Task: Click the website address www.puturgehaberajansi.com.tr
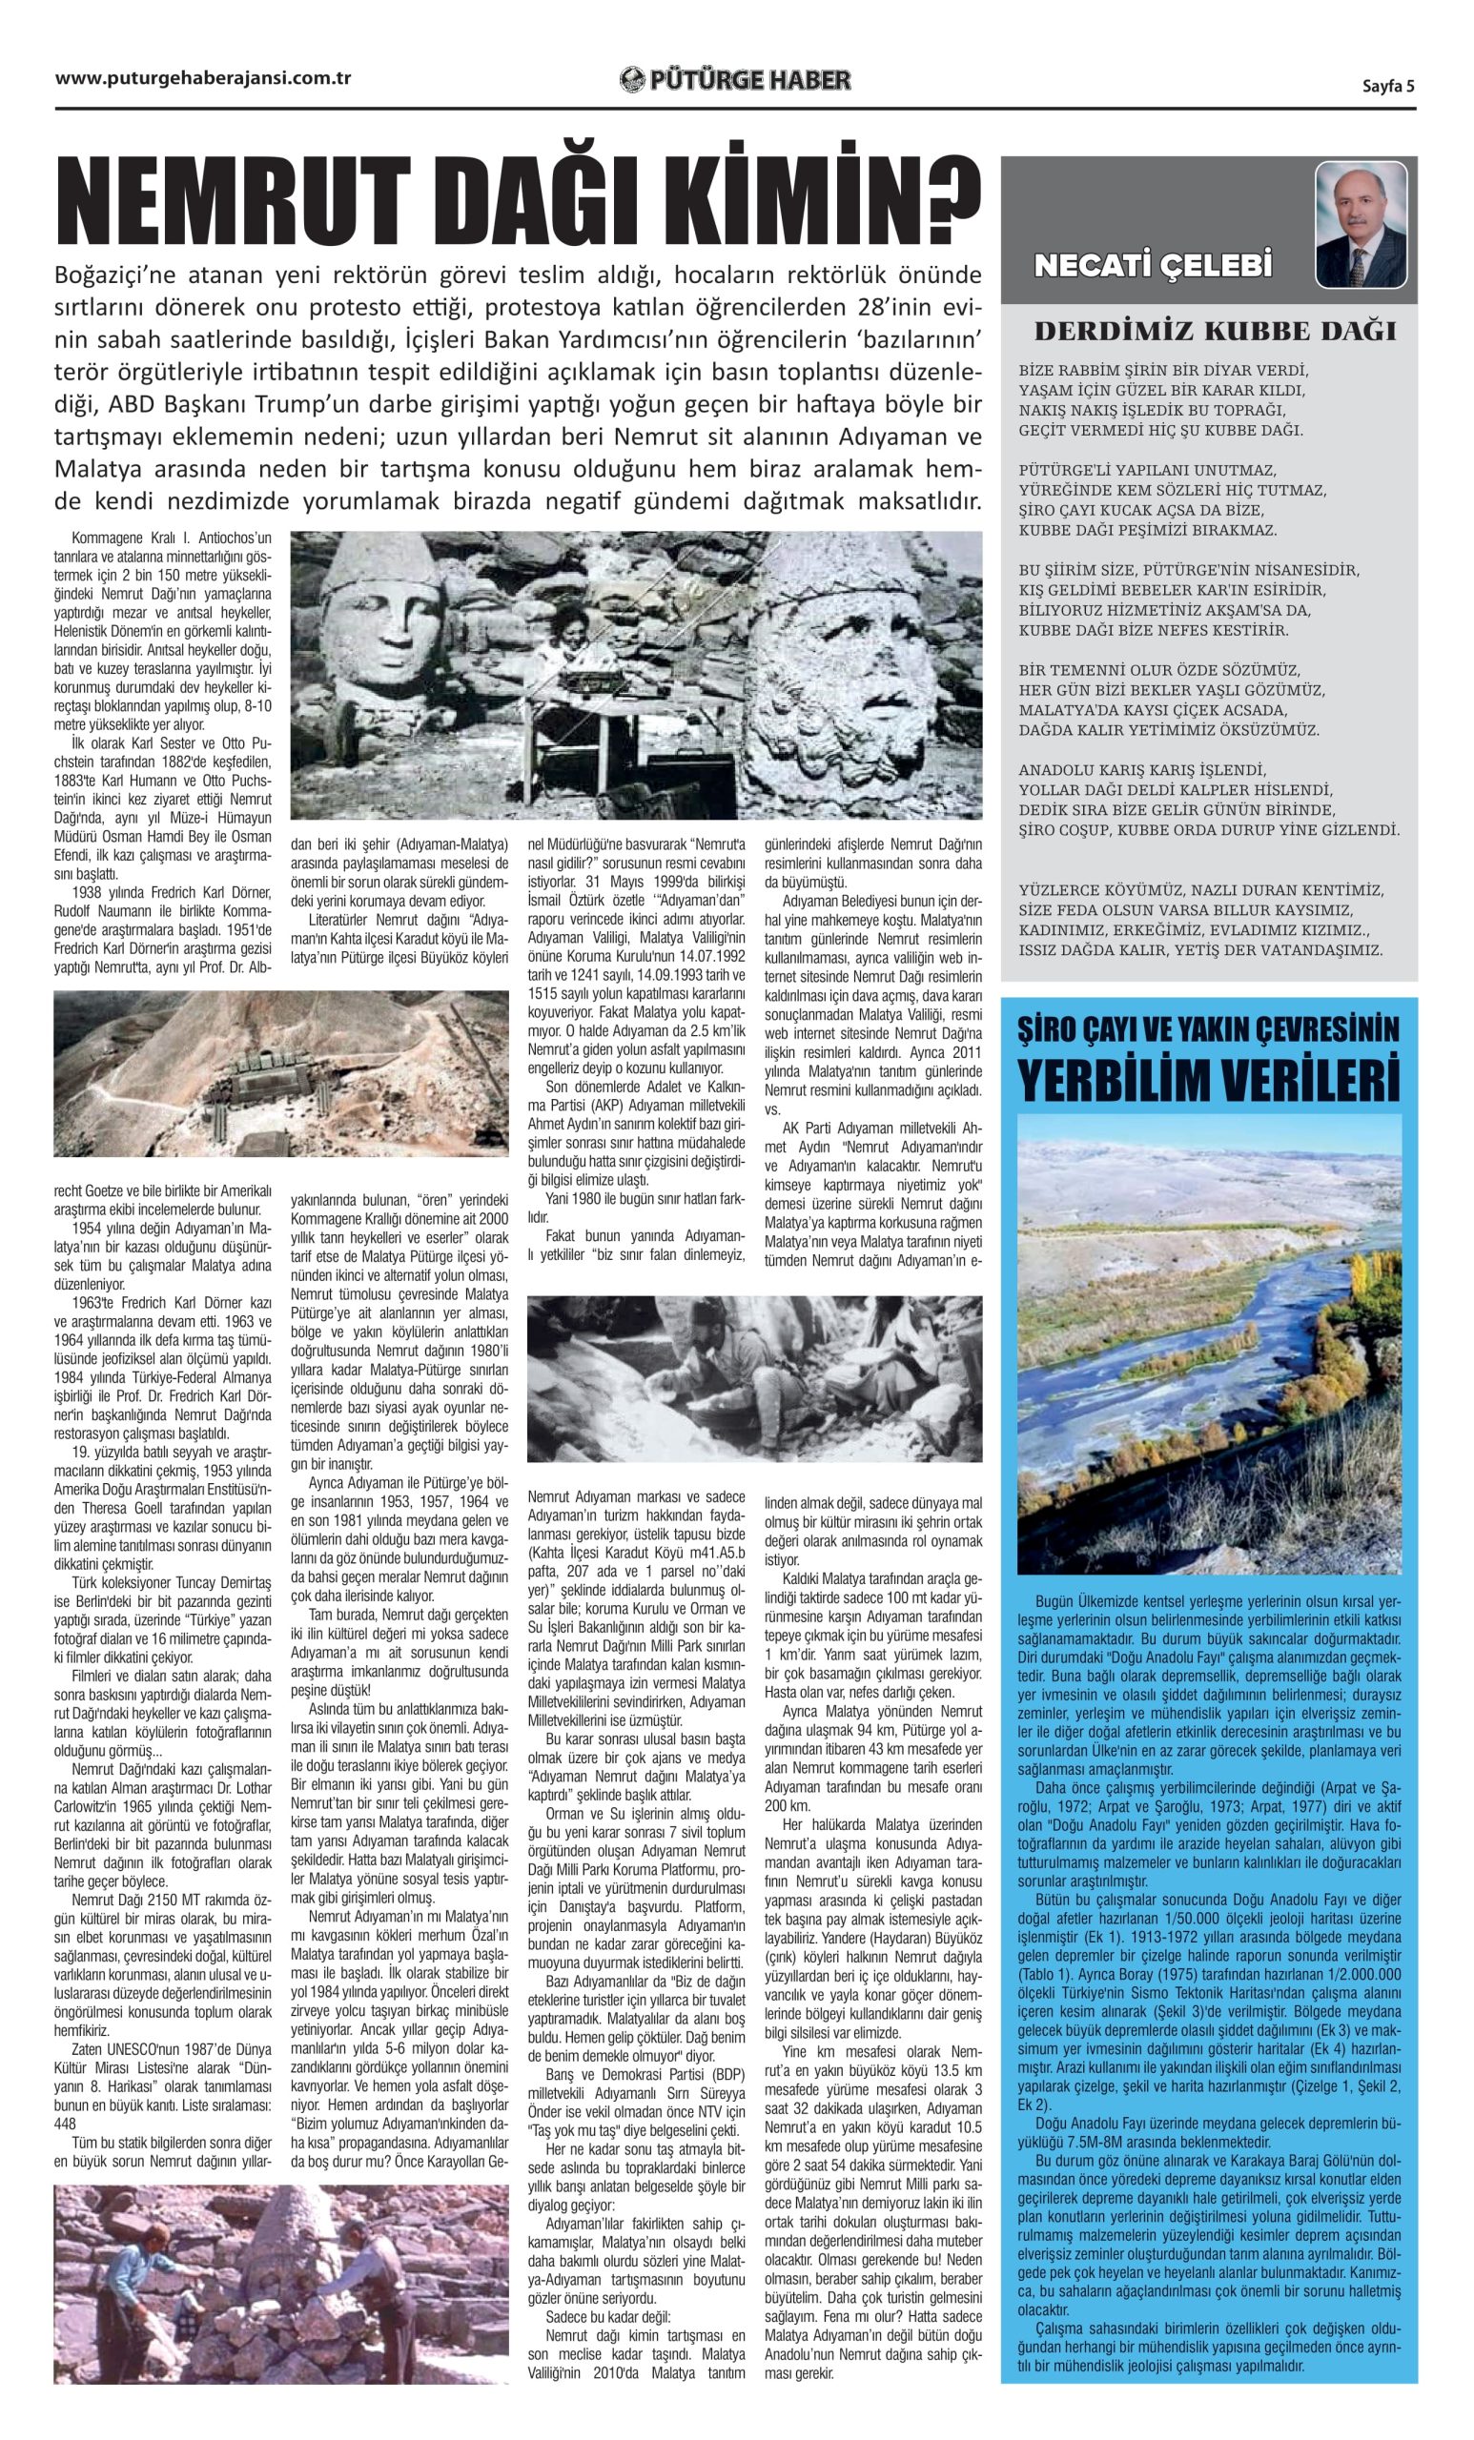click(x=203, y=79)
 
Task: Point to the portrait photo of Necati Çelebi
click(x=1361, y=225)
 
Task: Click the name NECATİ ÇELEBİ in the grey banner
click(x=1153, y=265)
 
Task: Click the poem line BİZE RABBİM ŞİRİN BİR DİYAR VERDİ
click(x=1163, y=371)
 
